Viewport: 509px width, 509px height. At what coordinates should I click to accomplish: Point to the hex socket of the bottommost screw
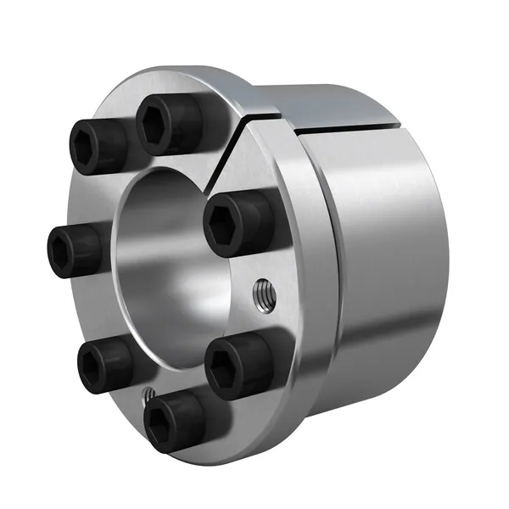pos(165,422)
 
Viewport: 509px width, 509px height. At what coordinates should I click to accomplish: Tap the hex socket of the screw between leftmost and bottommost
pos(94,366)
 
